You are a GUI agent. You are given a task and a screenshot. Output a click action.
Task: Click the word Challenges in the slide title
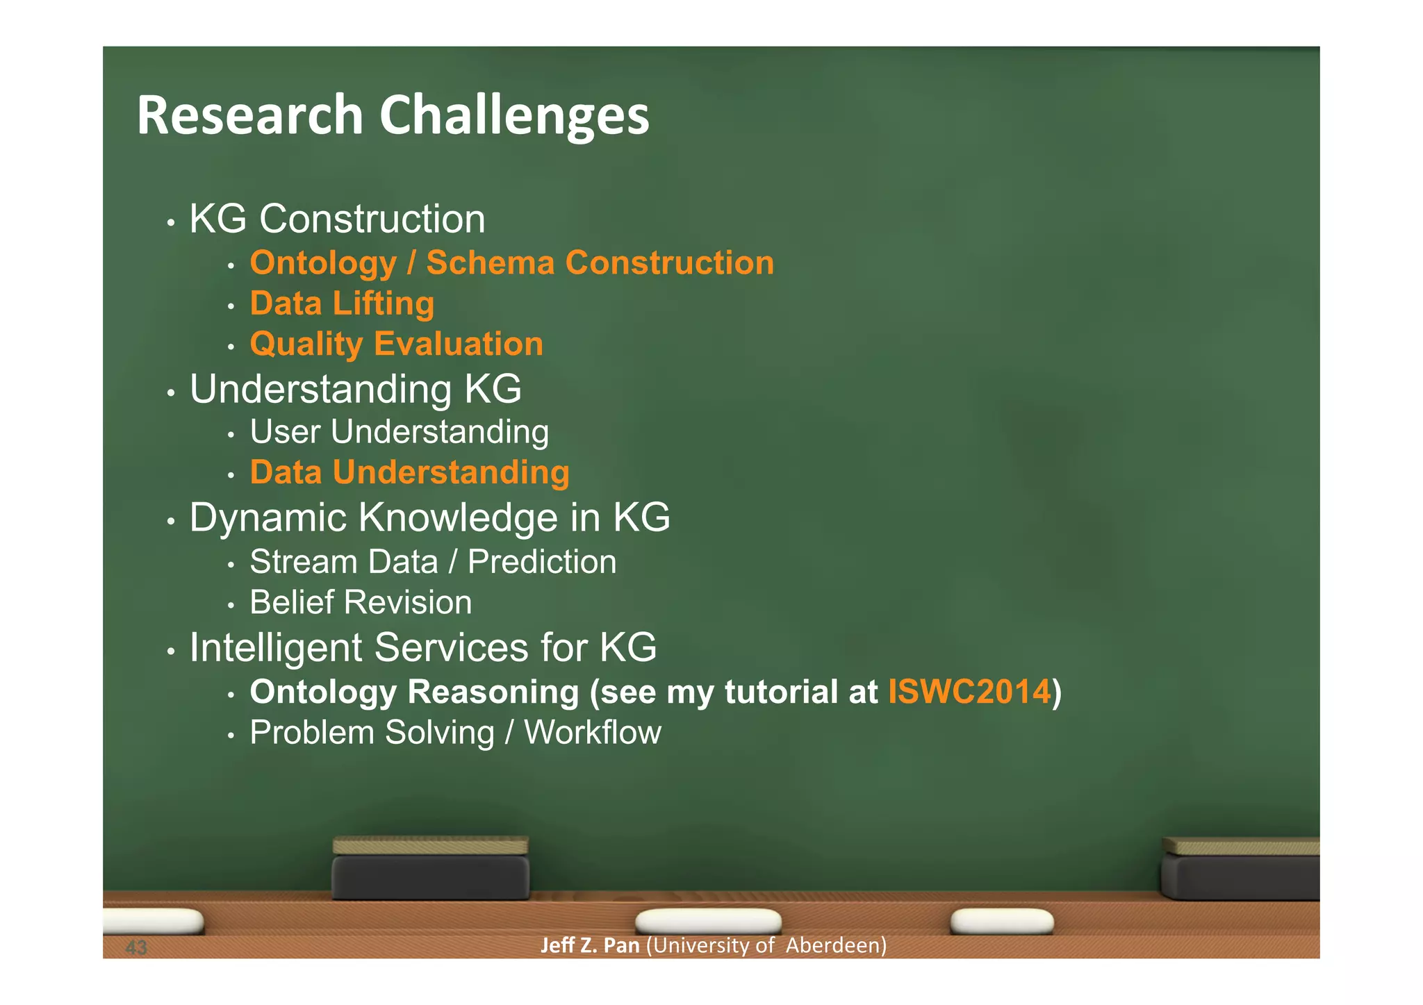click(x=514, y=116)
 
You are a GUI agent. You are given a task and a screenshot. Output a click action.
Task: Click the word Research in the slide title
click(x=250, y=116)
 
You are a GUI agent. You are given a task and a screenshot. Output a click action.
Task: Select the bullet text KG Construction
click(x=337, y=219)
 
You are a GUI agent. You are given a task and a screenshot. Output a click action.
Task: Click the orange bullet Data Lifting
click(x=342, y=304)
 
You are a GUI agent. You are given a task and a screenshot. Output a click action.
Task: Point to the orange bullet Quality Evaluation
click(x=396, y=344)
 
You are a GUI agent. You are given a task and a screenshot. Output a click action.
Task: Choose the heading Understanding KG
click(x=355, y=389)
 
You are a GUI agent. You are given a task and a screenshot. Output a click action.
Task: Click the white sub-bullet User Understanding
click(x=399, y=432)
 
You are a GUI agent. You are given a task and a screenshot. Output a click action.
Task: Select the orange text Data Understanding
click(x=409, y=473)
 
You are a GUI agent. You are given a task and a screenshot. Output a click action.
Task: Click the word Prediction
click(x=542, y=562)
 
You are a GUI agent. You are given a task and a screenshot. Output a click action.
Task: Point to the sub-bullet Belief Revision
click(x=361, y=602)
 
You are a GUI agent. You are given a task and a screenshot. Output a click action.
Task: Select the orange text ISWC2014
click(x=969, y=692)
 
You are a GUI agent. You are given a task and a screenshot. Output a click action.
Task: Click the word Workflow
click(x=592, y=733)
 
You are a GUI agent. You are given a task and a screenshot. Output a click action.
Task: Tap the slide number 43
click(x=136, y=947)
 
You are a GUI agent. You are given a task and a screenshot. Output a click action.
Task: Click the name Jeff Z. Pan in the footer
click(x=589, y=945)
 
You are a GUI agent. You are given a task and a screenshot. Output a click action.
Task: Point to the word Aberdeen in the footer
click(x=836, y=945)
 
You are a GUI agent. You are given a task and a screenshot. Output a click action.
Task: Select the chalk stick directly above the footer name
click(x=708, y=922)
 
